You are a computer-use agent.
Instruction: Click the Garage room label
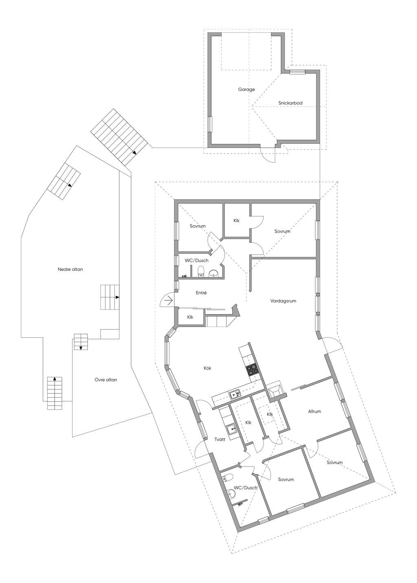[x=246, y=89]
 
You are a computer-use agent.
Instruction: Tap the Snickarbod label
[x=290, y=103]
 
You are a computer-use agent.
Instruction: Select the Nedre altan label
[x=70, y=269]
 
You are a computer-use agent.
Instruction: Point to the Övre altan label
[x=105, y=380]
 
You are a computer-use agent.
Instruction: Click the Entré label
[x=201, y=293]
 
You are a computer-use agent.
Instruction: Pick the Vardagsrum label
[x=283, y=301]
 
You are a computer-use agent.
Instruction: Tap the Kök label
[x=207, y=368]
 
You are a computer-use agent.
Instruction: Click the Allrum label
[x=314, y=411]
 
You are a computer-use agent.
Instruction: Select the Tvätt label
[x=219, y=439]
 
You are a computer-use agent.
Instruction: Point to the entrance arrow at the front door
[x=169, y=301]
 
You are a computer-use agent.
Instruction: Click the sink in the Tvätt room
[x=231, y=429]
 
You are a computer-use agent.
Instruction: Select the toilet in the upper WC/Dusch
[x=201, y=271]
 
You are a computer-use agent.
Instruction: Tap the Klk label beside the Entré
[x=190, y=317]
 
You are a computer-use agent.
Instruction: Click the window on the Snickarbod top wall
[x=297, y=72]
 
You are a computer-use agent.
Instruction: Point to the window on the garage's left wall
[x=210, y=124]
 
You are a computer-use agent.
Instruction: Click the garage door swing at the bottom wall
[x=268, y=155]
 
